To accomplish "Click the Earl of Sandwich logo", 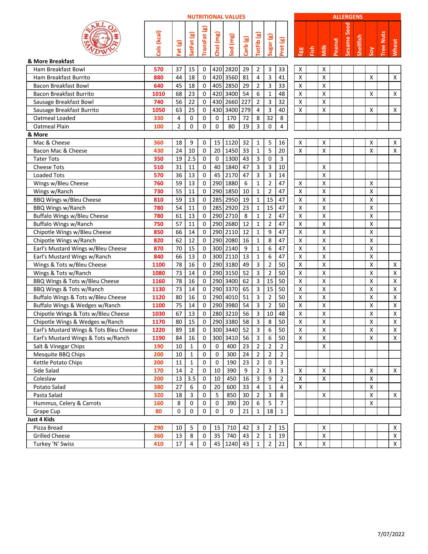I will coord(101,38).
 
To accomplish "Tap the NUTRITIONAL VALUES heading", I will coord(216,17).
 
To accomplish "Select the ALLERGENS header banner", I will coord(348,17).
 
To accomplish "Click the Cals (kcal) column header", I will coord(158,43).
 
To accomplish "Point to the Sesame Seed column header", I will coord(348,39).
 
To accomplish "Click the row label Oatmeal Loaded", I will coord(54,118).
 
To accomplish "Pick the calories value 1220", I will coord(158,330).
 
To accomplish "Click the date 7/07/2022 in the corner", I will coord(391,534).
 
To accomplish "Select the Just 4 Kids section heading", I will coord(41,420).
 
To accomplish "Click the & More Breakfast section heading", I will coord(51,61).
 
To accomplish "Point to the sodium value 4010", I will coord(231,297).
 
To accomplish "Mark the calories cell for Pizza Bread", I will coord(158,428).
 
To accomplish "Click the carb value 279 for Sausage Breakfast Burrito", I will coord(246,110).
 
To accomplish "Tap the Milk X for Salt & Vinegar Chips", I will coord(324,346).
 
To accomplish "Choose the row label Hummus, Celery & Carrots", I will coord(67,403).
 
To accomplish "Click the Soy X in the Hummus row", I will coord(371,403).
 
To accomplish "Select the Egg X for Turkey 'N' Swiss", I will coord(300,444).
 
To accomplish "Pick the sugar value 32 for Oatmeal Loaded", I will coord(270,118).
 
